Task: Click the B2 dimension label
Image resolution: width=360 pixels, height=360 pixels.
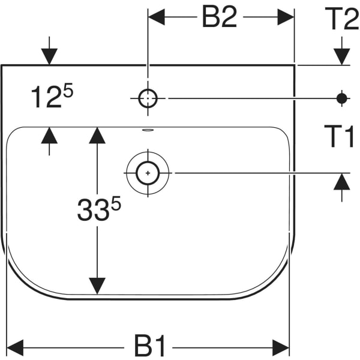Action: pos(220,18)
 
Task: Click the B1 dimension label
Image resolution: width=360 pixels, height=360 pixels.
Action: pos(150,346)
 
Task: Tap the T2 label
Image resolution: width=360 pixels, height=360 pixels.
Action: pos(341,20)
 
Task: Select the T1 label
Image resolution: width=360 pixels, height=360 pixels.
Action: pos(340,137)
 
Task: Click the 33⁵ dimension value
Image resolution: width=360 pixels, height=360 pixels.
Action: pos(99,209)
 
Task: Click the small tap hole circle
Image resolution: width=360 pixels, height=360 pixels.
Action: pos(148,98)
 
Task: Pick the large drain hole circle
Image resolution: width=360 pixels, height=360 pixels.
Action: pos(148,173)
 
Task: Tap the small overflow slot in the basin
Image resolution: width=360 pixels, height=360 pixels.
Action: pos(148,130)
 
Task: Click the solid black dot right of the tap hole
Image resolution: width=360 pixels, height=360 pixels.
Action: pos(342,98)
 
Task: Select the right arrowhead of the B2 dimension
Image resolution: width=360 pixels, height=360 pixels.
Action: pos(286,17)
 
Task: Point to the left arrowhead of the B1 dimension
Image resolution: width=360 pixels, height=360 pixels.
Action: pos(15,347)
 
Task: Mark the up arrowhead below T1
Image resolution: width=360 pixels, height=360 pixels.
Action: pos(341,181)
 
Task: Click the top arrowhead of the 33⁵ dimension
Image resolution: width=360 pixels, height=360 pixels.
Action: pos(97,135)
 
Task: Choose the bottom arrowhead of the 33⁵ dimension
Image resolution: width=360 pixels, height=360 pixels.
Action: pos(97,286)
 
